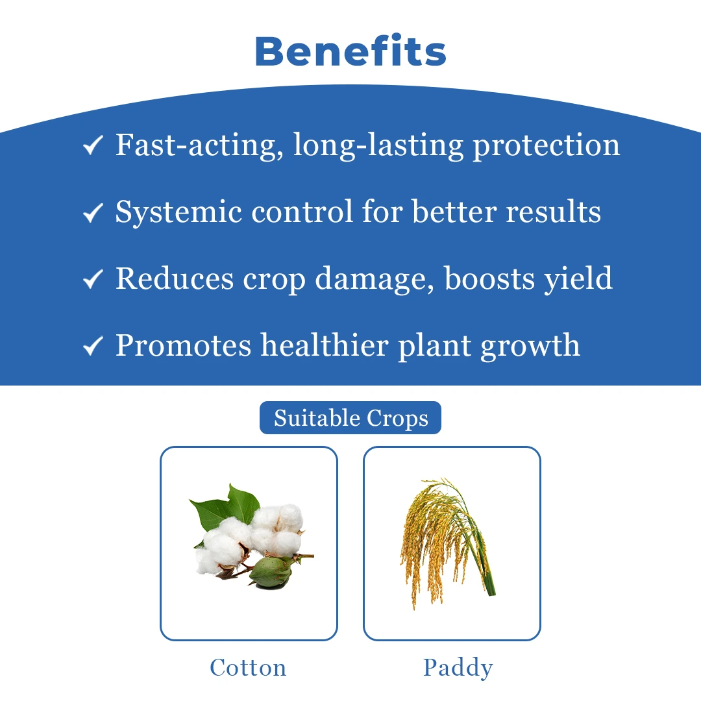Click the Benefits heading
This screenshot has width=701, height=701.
(x=350, y=51)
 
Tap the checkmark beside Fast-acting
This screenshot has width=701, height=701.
(x=93, y=146)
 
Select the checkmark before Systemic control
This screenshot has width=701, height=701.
(x=93, y=213)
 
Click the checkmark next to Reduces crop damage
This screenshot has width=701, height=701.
(x=93, y=279)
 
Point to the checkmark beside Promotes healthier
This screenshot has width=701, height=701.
(x=93, y=346)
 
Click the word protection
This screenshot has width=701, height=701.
(x=547, y=146)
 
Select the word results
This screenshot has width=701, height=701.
(x=554, y=212)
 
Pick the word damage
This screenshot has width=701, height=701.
(x=375, y=280)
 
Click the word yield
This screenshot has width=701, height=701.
(x=578, y=279)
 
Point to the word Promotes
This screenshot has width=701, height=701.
(x=183, y=346)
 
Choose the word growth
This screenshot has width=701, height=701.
(x=530, y=346)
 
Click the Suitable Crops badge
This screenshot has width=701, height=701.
(x=350, y=418)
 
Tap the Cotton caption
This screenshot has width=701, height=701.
(x=248, y=667)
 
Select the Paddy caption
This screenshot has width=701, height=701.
(x=458, y=668)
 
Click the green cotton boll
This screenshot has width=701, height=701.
(x=271, y=571)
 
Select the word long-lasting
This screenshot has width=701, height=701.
(x=378, y=146)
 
